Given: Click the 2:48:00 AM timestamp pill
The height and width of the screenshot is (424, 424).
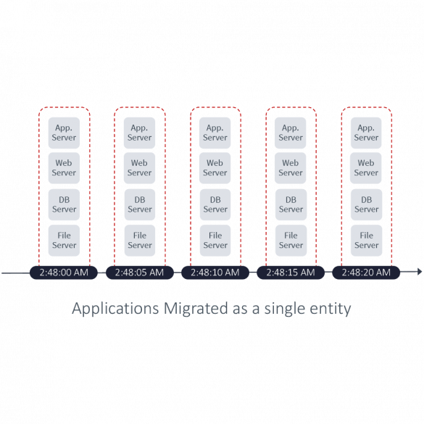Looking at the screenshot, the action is (x=64, y=273).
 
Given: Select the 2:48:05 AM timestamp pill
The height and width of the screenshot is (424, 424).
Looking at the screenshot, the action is (x=140, y=273).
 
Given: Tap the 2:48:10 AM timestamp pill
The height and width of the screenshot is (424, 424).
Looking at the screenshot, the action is (x=215, y=273).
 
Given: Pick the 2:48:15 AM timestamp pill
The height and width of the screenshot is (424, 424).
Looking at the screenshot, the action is (x=291, y=273).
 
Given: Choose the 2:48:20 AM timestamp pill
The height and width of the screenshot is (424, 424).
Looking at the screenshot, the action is (x=366, y=273).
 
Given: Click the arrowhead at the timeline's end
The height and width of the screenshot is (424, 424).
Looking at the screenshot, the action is (x=420, y=272).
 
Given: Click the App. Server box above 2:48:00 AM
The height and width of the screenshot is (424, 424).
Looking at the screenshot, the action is (x=64, y=133).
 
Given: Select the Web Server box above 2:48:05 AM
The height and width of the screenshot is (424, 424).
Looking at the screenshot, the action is (x=139, y=168).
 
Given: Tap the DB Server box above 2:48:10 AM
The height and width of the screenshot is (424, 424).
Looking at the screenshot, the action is (x=215, y=204).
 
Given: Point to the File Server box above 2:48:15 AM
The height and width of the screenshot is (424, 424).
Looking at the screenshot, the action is (x=291, y=241).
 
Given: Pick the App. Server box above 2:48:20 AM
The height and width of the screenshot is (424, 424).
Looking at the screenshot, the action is (x=366, y=133).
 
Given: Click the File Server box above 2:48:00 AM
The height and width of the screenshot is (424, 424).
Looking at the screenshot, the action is (x=64, y=241).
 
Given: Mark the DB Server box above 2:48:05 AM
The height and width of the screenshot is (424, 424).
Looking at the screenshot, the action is (x=140, y=204).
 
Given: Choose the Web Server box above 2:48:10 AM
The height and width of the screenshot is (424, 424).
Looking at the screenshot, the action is (x=215, y=168).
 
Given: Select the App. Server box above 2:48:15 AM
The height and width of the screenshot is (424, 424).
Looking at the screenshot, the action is (x=290, y=133).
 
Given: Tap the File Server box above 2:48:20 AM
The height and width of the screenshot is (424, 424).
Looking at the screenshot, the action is (x=367, y=241).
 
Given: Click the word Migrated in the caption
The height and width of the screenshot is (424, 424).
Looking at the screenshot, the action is (x=196, y=308).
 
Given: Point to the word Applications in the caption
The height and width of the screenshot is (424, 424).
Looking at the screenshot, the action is (x=115, y=309).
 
